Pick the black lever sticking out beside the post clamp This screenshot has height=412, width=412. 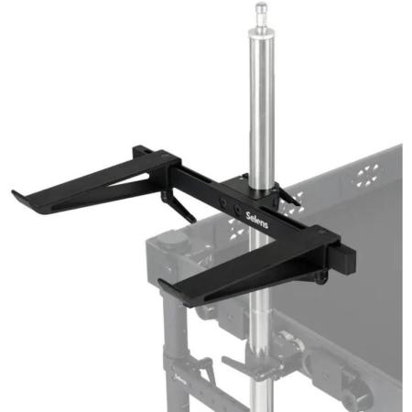287,196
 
